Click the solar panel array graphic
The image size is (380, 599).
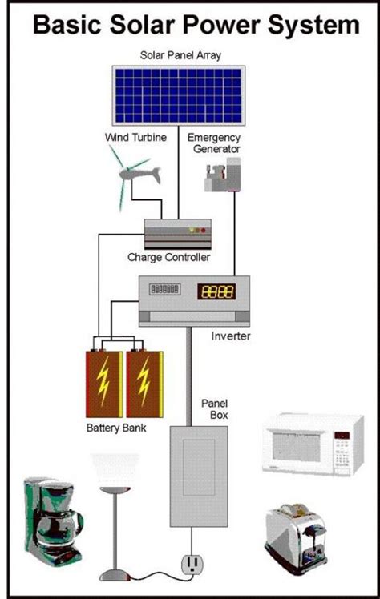177,95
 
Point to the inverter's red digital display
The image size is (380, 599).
216,291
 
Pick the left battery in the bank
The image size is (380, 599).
104,383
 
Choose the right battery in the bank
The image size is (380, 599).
144,383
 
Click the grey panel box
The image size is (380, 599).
193,476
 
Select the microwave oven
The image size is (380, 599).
307,444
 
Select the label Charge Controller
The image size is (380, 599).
169,258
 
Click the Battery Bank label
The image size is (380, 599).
115,428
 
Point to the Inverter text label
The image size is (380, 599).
232,336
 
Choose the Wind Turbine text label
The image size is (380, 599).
135,138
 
